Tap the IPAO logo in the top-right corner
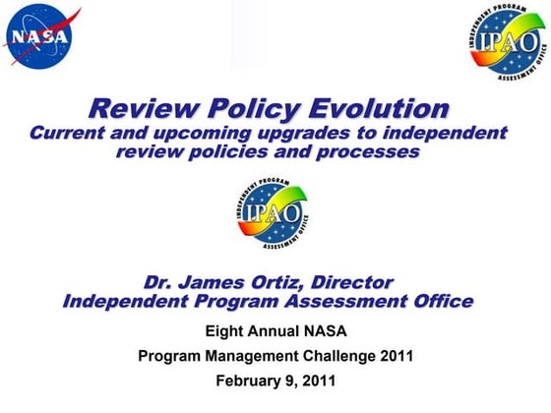503,40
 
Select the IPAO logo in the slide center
273,211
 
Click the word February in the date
249,380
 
